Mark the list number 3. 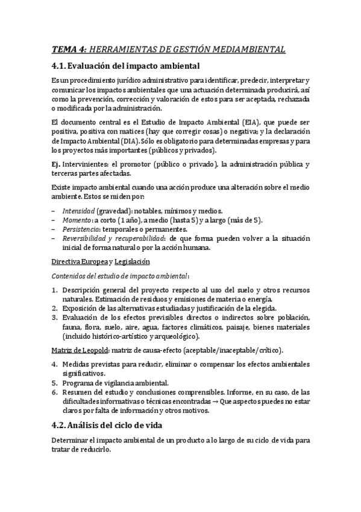pyautogui.click(x=54, y=318)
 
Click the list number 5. pyautogui.click(x=54, y=383)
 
